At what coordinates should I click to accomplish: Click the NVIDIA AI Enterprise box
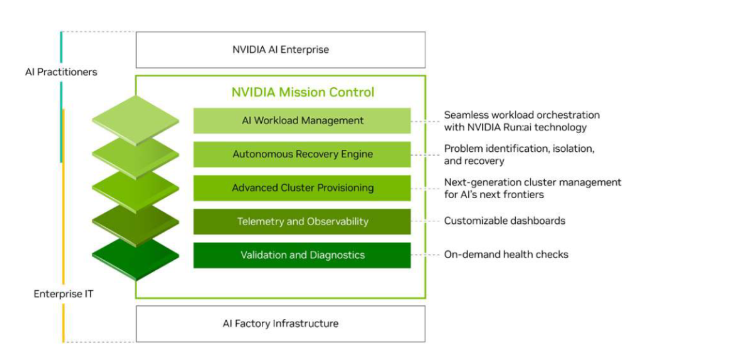click(281, 50)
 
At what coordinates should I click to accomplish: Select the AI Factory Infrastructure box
click(281, 324)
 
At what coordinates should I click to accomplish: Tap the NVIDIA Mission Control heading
click(303, 92)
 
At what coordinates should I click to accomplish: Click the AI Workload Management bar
click(302, 121)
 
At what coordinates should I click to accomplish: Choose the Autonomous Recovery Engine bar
click(302, 154)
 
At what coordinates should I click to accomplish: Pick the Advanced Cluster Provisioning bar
click(302, 188)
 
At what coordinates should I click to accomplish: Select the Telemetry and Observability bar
click(302, 221)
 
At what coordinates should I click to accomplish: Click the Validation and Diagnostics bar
click(302, 255)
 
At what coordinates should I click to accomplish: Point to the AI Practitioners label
click(62, 72)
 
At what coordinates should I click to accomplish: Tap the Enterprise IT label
click(64, 294)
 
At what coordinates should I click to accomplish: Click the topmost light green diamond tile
click(136, 120)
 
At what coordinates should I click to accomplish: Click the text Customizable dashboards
click(505, 221)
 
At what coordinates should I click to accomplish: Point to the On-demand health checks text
click(506, 255)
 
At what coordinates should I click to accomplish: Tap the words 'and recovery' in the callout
click(474, 161)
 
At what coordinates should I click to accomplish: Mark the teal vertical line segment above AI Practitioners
click(62, 47)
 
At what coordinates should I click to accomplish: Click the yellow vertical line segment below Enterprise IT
click(64, 323)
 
